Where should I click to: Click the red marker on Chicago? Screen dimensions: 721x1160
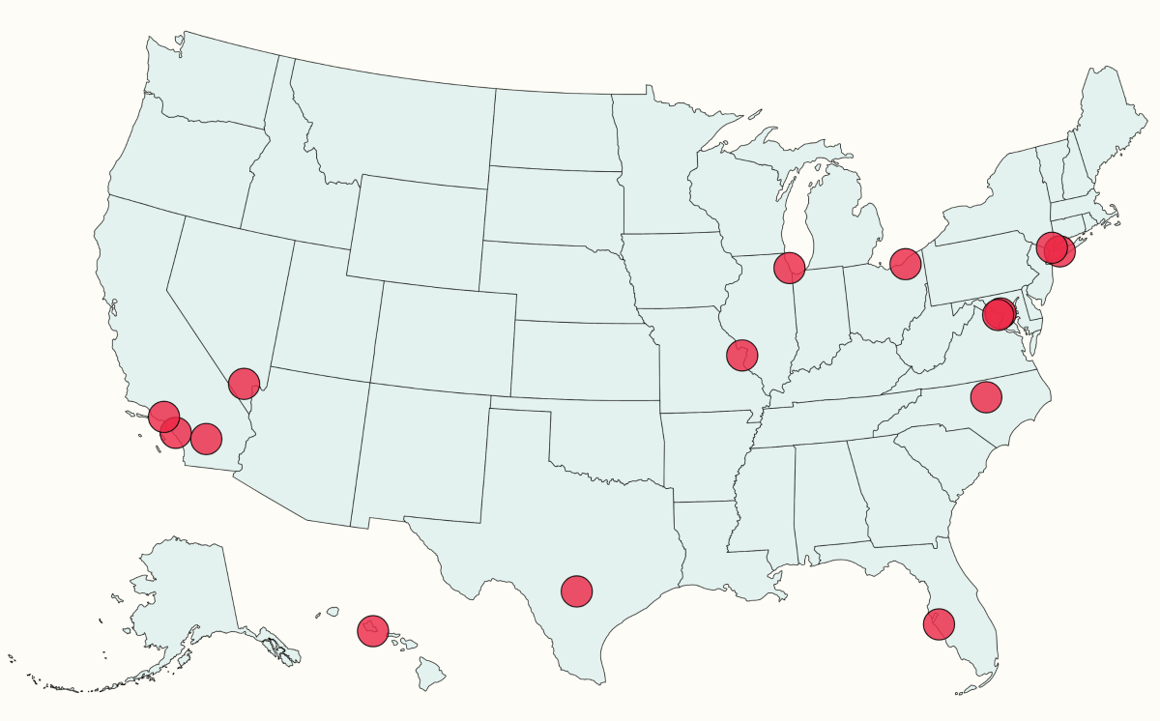click(x=790, y=268)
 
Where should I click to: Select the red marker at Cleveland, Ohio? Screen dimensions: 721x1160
click(x=905, y=262)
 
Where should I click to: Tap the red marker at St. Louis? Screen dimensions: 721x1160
click(x=741, y=355)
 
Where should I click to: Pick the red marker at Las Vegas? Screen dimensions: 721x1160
click(x=244, y=384)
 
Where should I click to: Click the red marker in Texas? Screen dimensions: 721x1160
click(x=576, y=591)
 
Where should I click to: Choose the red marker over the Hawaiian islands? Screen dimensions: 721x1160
click(x=372, y=631)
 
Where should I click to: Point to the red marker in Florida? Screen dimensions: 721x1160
click(x=938, y=624)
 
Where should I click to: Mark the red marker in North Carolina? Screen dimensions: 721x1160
click(x=985, y=396)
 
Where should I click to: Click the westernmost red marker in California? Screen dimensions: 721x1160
click(x=164, y=417)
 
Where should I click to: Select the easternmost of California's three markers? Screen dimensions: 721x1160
click(x=206, y=439)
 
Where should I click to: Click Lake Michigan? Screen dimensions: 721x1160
click(x=795, y=217)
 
